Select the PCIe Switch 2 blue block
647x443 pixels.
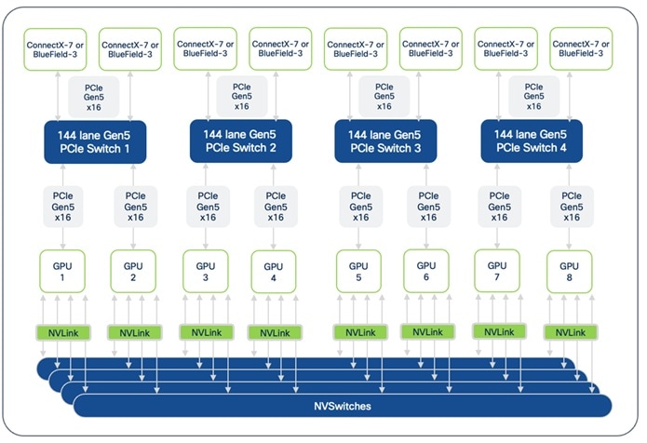(x=240, y=141)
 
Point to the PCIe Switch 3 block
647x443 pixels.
(x=386, y=141)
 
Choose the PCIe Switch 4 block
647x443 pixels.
(x=532, y=141)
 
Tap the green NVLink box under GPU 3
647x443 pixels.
(x=205, y=332)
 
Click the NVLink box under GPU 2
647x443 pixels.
(x=134, y=332)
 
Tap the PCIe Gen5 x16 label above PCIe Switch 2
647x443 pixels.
(x=240, y=95)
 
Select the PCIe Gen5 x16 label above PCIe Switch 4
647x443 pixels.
(x=532, y=95)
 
